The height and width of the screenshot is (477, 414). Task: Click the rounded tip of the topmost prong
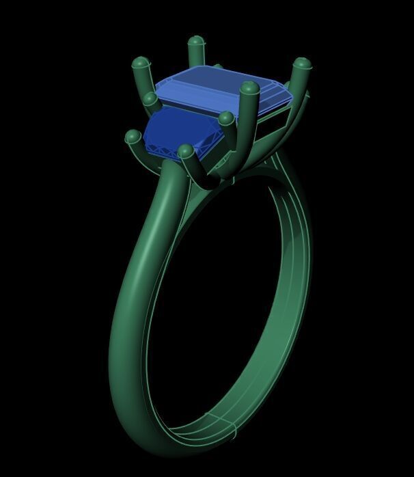click(196, 42)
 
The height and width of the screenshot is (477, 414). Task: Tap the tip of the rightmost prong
click(301, 66)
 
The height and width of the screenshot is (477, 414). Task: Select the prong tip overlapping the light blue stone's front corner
click(249, 89)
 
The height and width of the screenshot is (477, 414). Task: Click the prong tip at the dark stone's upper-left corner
click(150, 100)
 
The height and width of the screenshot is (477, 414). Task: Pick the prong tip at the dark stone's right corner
click(225, 120)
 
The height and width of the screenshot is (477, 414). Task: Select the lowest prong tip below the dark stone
click(185, 150)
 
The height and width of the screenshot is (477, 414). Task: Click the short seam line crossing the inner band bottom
click(232, 430)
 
